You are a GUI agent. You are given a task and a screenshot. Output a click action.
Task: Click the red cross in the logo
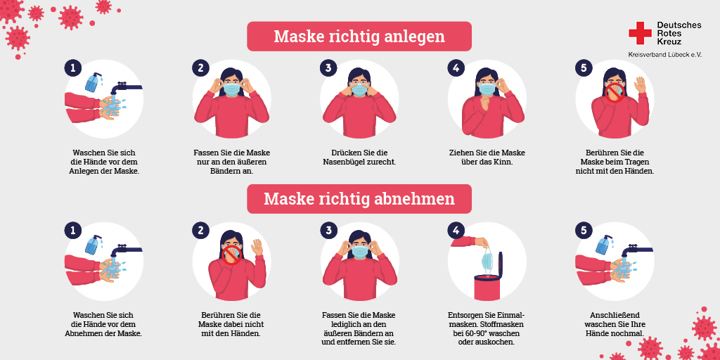click(641, 33)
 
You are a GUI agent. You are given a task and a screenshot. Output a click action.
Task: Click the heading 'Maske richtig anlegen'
click(359, 36)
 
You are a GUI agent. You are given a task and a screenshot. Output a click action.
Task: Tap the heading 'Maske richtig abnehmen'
click(359, 199)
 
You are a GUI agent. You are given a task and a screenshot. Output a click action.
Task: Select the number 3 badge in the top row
click(328, 67)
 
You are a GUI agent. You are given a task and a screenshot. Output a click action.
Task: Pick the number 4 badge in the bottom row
click(456, 230)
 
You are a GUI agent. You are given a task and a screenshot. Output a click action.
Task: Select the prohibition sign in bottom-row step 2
click(231, 254)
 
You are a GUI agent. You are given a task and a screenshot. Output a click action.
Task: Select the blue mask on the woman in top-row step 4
click(487, 89)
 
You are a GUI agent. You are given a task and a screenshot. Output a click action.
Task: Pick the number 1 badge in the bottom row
click(72, 230)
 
